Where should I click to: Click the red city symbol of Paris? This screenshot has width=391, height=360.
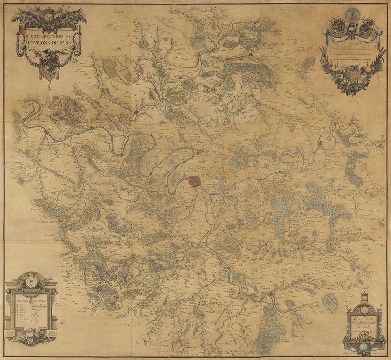point(195,182)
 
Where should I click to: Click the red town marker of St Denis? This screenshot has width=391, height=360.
point(198,154)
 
